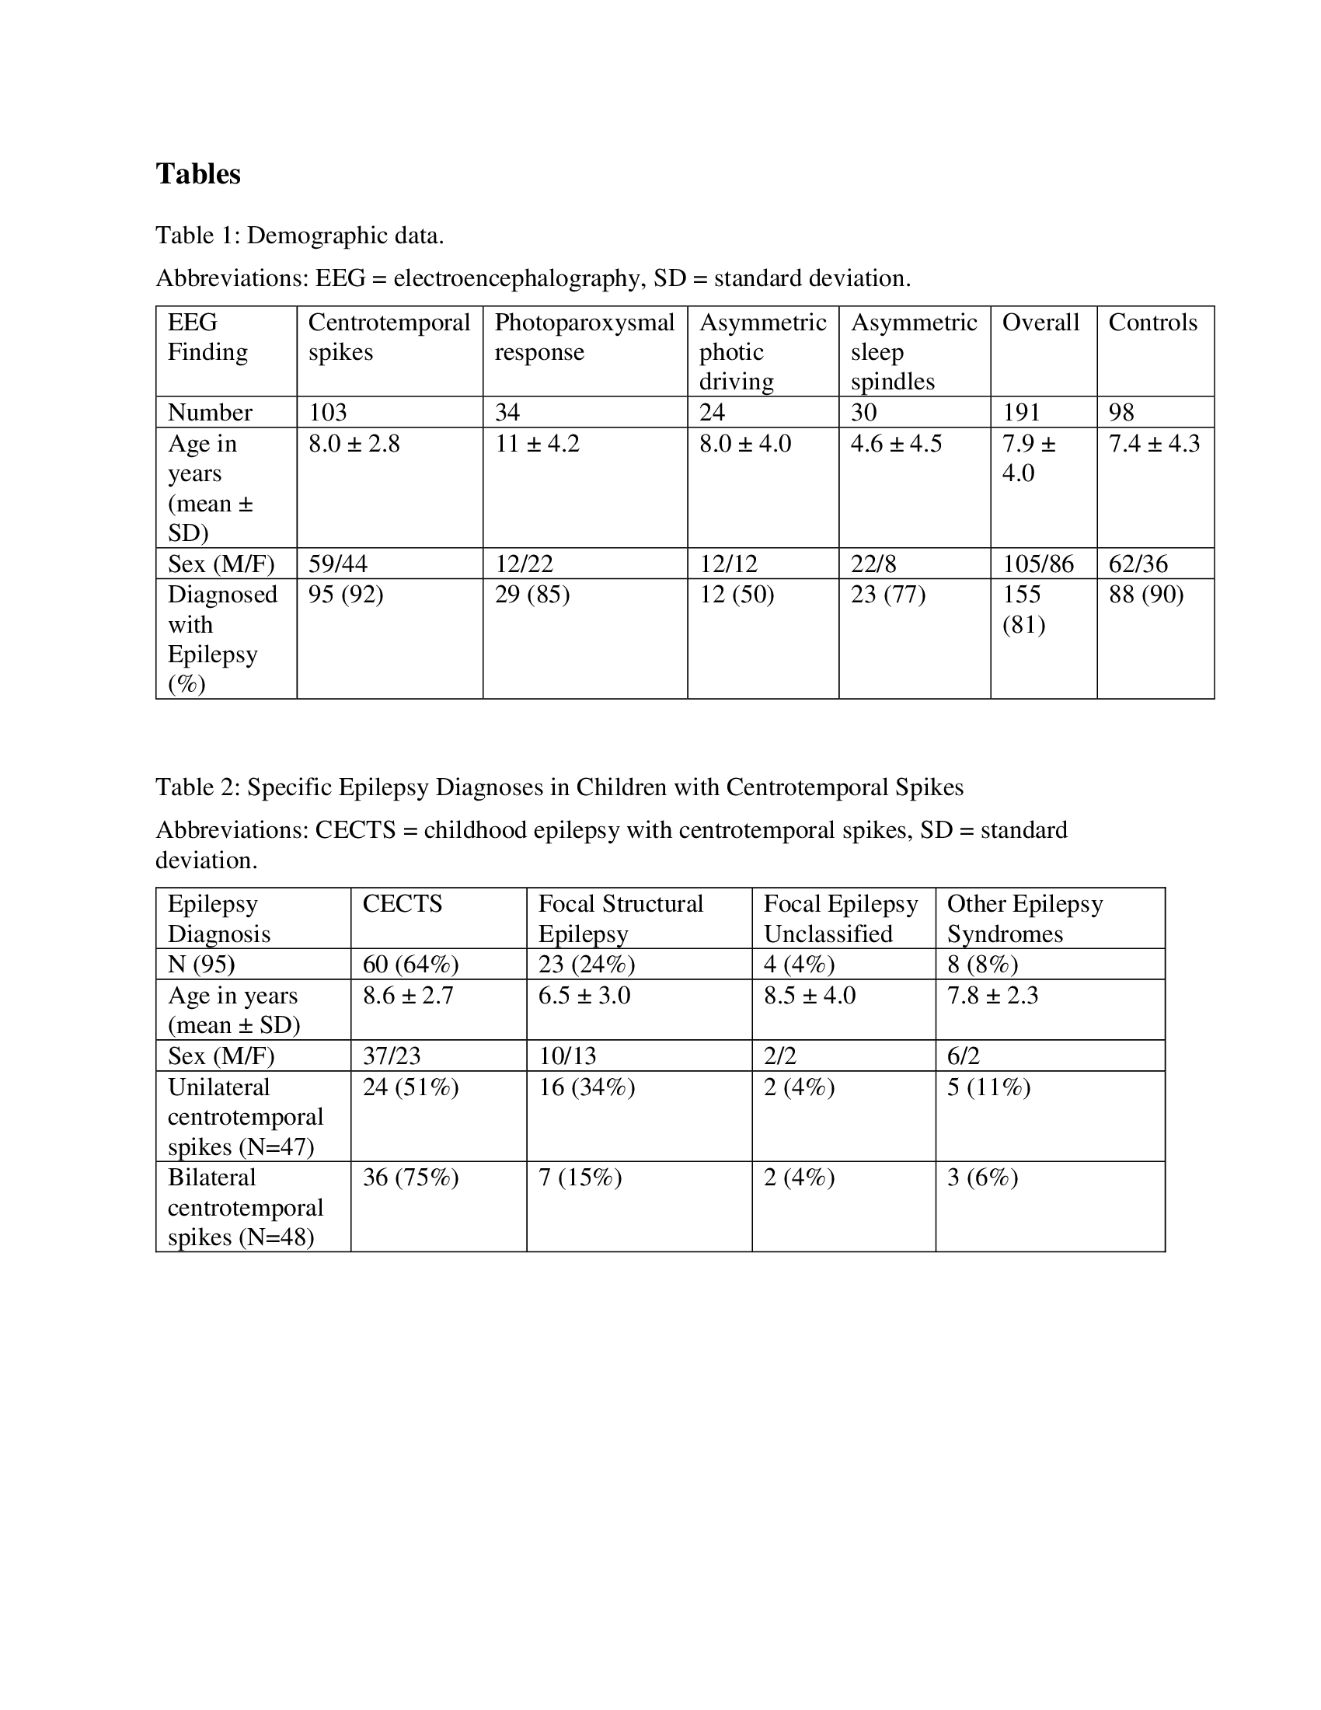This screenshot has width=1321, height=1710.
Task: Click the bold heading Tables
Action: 198,174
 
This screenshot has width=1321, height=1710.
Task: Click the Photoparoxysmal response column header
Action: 584,337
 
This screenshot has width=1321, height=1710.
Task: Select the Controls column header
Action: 1152,323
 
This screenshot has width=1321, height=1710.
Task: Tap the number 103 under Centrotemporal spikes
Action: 327,412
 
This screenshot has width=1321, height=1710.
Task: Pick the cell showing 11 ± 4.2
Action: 537,444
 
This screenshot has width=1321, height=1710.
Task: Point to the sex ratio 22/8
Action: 873,564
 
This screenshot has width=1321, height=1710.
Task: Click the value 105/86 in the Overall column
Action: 1037,564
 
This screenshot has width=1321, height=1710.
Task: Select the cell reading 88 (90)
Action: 1145,595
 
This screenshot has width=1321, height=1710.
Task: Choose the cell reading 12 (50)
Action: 737,595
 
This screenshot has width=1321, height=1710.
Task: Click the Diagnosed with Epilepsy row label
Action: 221,639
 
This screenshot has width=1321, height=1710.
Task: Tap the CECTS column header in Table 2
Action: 403,903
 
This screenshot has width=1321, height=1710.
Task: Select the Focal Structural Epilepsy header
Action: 620,919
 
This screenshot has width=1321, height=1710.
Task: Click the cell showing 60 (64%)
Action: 410,965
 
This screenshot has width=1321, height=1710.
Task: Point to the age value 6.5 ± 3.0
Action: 584,996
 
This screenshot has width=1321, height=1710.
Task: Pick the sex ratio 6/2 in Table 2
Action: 963,1056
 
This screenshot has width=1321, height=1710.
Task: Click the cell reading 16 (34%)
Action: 586,1087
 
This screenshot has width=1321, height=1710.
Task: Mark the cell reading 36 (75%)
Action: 410,1178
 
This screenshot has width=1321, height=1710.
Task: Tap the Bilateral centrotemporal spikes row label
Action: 244,1207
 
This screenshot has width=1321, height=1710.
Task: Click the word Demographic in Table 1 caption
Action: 317,236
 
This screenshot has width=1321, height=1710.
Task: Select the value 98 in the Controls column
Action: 1121,412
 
